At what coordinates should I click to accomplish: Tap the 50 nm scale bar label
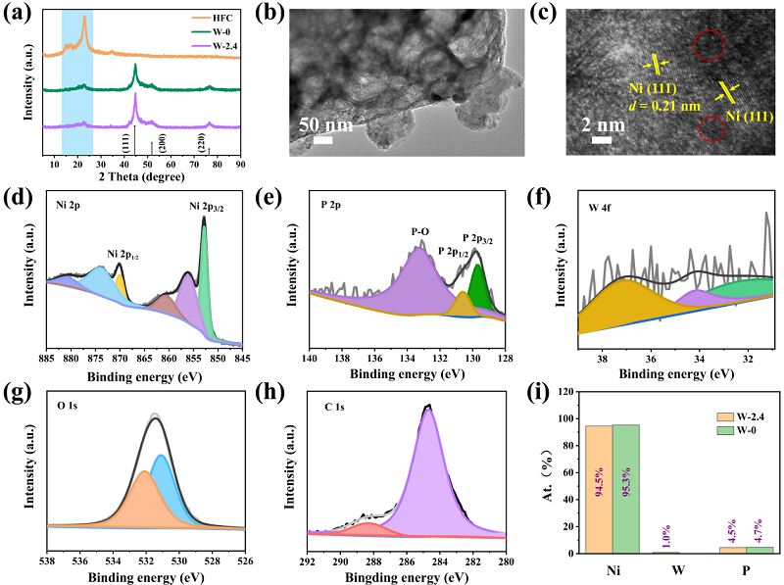323,126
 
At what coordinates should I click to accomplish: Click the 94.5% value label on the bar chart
596,487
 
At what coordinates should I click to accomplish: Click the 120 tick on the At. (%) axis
562,391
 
